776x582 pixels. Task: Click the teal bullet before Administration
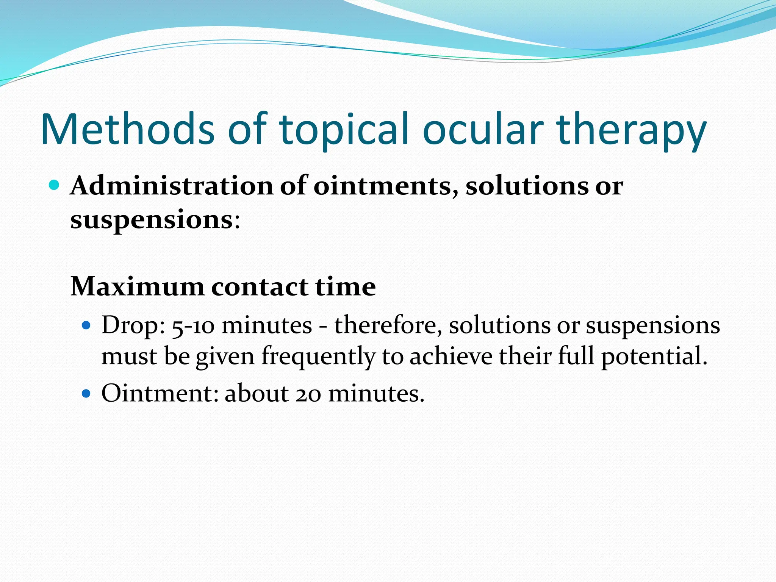[55, 185]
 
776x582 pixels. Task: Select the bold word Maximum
[137, 286]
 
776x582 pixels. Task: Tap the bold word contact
[260, 286]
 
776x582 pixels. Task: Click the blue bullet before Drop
[87, 325]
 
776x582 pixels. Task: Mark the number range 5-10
[193, 326]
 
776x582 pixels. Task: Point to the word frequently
[318, 357]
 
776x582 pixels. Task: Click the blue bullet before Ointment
[87, 394]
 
